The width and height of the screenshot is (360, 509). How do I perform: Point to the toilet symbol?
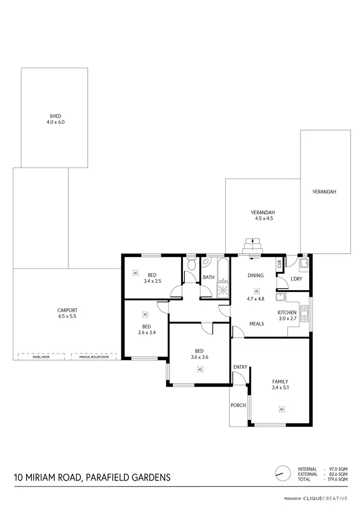pos(192,265)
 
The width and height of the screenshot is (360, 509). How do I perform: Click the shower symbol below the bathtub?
pos(223,289)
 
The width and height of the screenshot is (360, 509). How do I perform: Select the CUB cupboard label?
pos(279,264)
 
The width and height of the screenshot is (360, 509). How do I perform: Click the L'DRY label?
pos(296,279)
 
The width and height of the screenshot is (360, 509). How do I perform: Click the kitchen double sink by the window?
pos(304,314)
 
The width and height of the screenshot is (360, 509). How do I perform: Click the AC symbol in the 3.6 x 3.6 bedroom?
pos(200,369)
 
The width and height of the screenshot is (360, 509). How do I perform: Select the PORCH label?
pos(239,405)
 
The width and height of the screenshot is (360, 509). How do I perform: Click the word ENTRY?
pos(240,367)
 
